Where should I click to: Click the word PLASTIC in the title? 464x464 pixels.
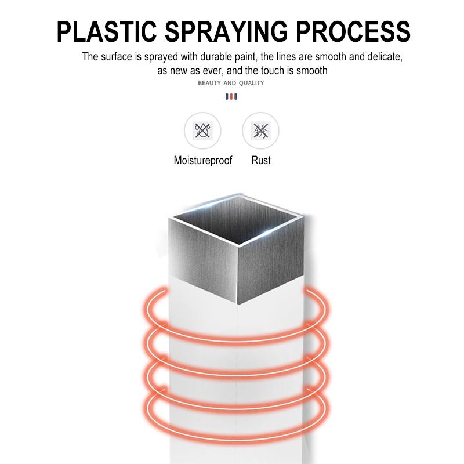point(107,31)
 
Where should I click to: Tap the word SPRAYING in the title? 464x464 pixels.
point(226,31)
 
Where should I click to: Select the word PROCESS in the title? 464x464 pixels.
point(353,31)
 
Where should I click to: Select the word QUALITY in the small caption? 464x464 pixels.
point(251,83)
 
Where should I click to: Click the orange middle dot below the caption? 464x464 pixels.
point(231,96)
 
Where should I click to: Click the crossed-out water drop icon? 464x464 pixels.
point(202,130)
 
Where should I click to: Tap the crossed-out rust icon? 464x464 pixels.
point(260,130)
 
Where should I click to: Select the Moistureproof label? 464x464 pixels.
point(202,161)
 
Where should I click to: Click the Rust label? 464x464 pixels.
point(260,161)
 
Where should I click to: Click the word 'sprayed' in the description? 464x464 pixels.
point(161,57)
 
